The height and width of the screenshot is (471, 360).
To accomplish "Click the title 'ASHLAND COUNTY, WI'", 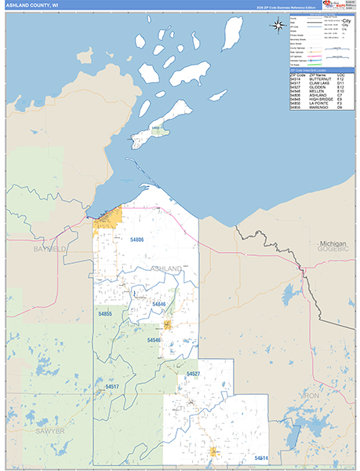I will pyautogui.click(x=31, y=5).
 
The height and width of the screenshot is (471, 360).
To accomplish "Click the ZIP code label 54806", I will pyautogui.click(x=137, y=239).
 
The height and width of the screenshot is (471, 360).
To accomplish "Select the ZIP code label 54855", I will pyautogui.click(x=105, y=314).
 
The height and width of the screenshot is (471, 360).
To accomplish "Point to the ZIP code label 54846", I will pyautogui.click(x=158, y=304).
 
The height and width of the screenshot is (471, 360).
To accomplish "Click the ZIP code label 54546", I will pyautogui.click(x=154, y=340).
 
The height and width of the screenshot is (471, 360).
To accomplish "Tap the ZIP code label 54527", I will pyautogui.click(x=193, y=374).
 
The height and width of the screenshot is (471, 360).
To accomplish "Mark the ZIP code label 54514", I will pyautogui.click(x=260, y=458).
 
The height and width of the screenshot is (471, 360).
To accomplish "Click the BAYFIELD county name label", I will pyautogui.click(x=50, y=249).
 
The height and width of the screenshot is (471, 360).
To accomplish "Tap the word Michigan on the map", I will pyautogui.click(x=333, y=244).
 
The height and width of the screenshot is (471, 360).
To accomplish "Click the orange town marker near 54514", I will pyautogui.click(x=213, y=451).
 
